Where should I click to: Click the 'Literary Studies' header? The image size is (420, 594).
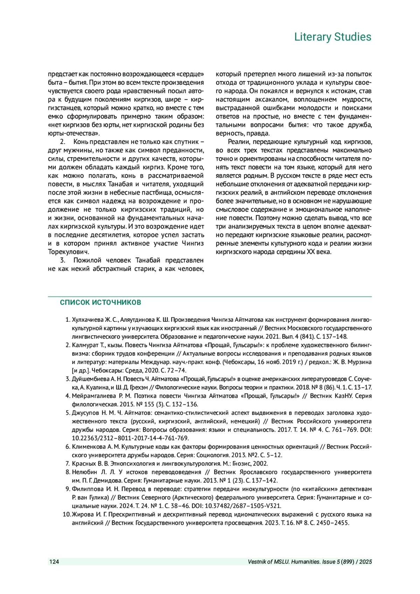(x=332, y=37)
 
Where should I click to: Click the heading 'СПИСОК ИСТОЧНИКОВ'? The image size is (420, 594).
(x=100, y=302)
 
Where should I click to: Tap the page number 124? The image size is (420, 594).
(x=54, y=562)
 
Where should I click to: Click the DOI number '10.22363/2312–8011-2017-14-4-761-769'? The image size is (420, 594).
(x=130, y=438)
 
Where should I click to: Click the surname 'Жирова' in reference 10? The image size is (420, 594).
(x=82, y=515)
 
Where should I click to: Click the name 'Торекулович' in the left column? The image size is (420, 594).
(x=68, y=252)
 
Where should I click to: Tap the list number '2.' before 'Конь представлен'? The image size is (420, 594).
(x=63, y=142)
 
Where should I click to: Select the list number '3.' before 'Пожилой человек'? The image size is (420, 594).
(x=63, y=260)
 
